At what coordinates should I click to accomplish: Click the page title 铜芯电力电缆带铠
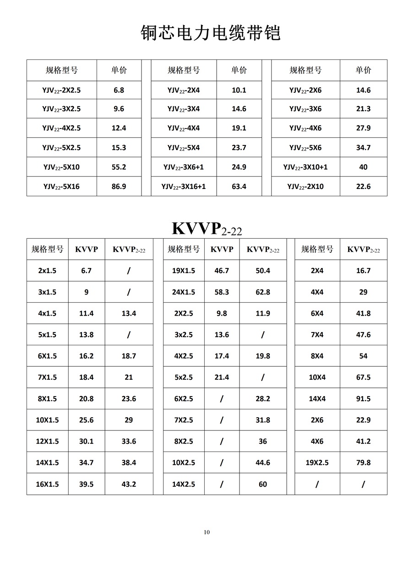click(x=210, y=33)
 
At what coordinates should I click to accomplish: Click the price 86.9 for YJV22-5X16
click(x=119, y=187)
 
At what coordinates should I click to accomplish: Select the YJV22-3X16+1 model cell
click(x=184, y=187)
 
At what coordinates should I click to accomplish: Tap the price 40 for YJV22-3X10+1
click(x=363, y=167)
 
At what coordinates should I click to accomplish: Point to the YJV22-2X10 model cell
click(x=305, y=187)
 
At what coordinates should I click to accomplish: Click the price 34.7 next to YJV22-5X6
click(x=363, y=148)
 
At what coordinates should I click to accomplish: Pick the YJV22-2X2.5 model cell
click(x=61, y=91)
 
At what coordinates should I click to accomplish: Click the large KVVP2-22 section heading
click(x=207, y=228)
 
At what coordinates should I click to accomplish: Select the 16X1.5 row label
click(x=47, y=484)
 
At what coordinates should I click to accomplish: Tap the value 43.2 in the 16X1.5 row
click(x=129, y=484)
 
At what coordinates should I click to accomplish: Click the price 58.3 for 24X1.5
click(x=222, y=292)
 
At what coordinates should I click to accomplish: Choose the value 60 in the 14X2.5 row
click(x=263, y=484)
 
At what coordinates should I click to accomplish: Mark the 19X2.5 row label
click(x=317, y=462)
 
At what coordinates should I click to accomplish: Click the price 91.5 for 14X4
click(x=363, y=398)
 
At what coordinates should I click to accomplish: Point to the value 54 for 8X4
click(x=363, y=356)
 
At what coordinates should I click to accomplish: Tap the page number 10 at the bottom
click(x=207, y=532)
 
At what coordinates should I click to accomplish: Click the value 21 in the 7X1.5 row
click(x=129, y=377)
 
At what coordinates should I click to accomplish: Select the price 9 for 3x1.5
click(x=86, y=292)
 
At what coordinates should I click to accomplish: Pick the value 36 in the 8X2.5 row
click(x=263, y=441)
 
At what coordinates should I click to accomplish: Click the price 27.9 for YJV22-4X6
click(x=363, y=128)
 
